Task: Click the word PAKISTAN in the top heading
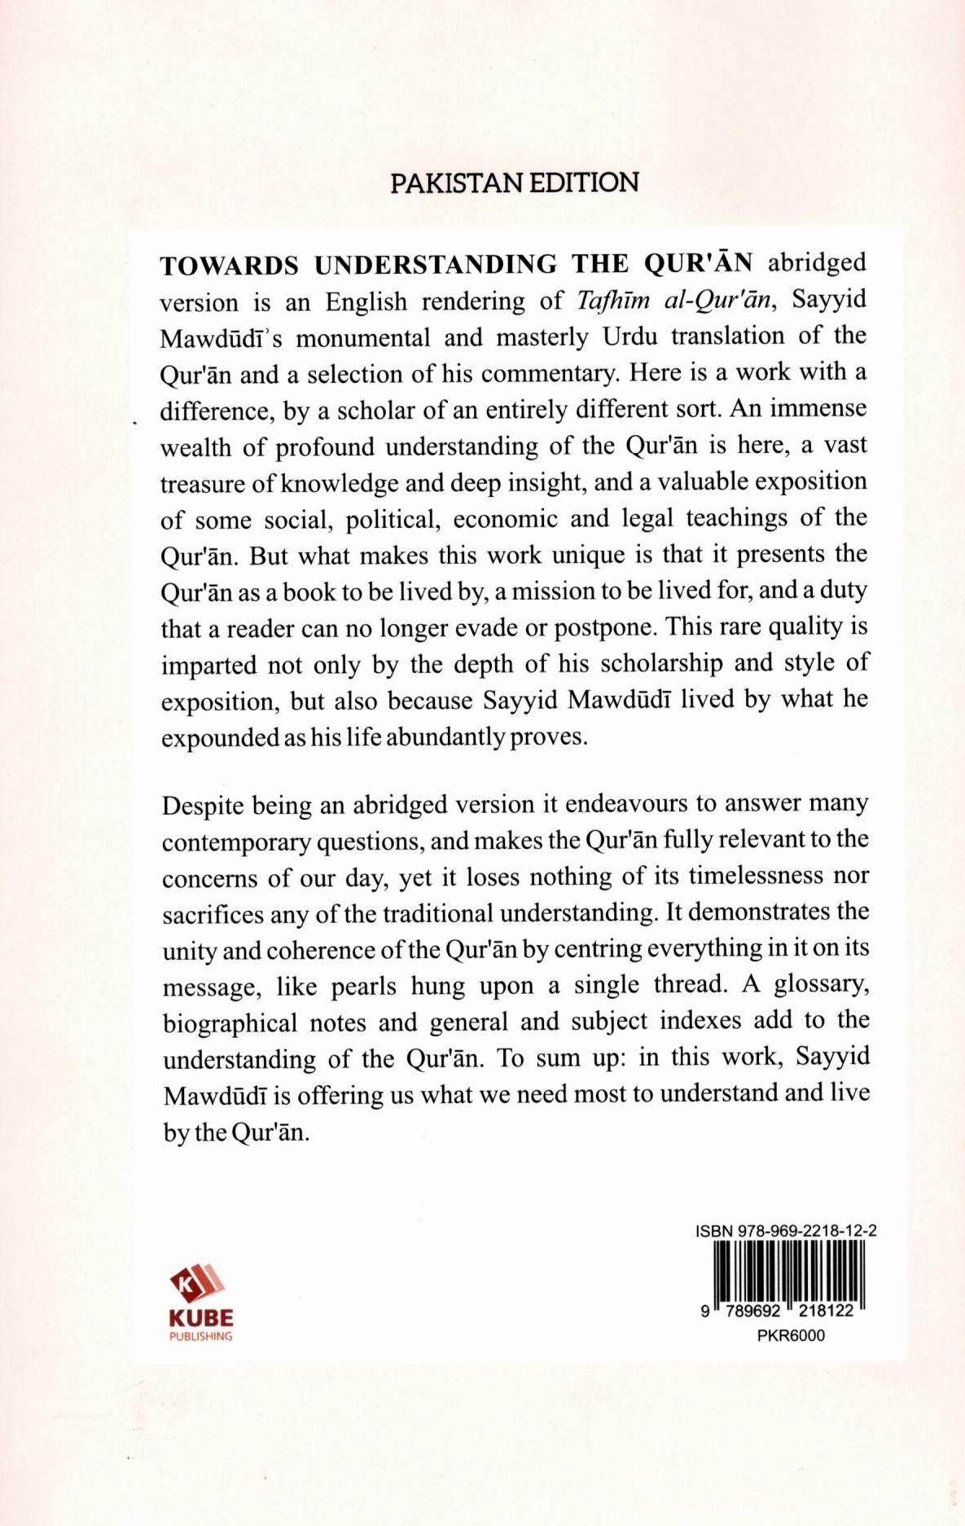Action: coord(458,183)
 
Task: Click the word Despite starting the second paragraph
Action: coord(203,806)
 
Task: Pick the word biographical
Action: coord(230,1022)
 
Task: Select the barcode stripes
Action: coord(787,1273)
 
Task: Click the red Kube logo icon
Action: coord(197,1284)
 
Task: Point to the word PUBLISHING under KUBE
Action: coord(201,1336)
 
